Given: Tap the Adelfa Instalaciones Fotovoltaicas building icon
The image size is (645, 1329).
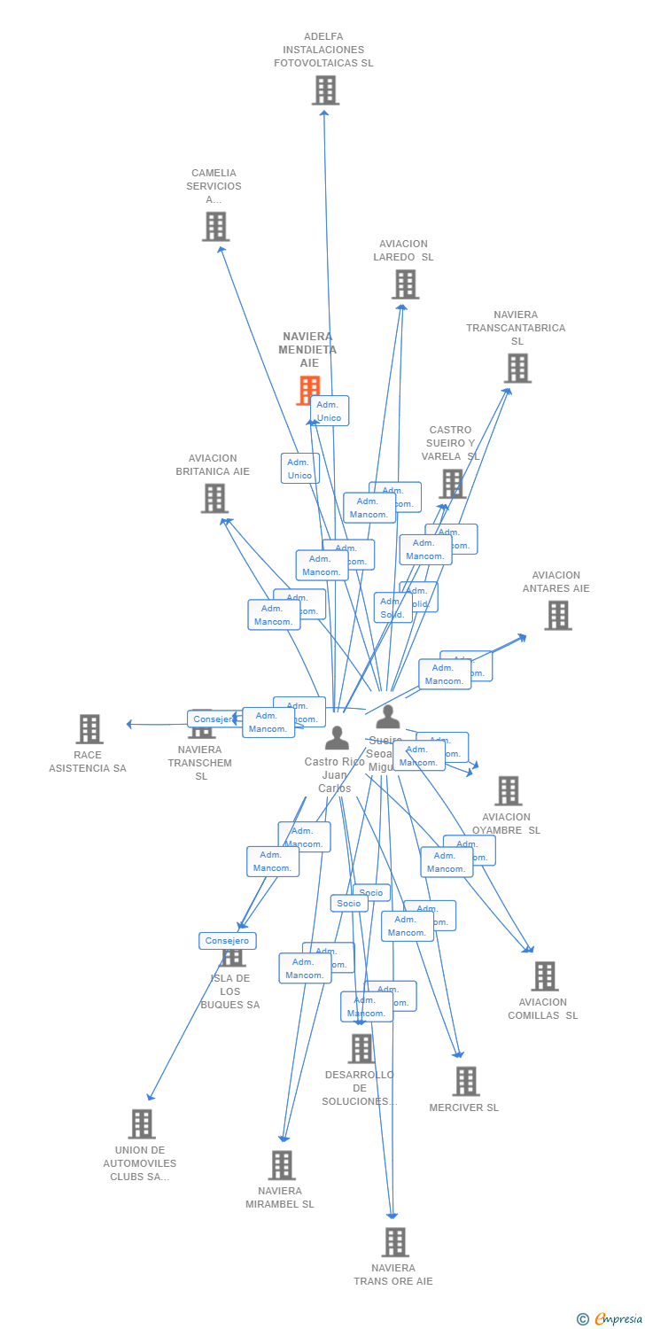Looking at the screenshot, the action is (325, 89).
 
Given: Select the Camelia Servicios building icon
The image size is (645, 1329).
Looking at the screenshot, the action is (215, 227).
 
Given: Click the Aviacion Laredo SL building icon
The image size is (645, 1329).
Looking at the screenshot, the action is (405, 284).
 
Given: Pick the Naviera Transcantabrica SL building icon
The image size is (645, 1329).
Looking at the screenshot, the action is (517, 368).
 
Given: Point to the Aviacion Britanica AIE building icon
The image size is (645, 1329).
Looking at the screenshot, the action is (214, 498).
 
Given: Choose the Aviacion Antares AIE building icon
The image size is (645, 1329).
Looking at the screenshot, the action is (557, 615).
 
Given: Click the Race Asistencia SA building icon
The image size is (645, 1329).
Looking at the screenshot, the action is (89, 729).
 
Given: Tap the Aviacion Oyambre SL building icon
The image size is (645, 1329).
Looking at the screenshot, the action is (508, 790).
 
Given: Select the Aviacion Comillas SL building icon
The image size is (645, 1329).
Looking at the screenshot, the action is (544, 976).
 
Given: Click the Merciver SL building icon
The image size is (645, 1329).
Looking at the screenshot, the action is (465, 1081).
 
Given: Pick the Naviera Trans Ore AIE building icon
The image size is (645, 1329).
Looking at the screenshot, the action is (395, 1242).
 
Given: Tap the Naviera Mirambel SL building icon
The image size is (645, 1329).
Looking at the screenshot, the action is (282, 1165).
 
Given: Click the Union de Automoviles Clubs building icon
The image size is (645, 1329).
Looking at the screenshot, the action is (141, 1123).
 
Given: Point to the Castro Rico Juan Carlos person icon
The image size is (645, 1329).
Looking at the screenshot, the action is (337, 738).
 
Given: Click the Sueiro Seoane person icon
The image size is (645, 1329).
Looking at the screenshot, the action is (388, 717).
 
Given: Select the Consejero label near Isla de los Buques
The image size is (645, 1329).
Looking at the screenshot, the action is (228, 941).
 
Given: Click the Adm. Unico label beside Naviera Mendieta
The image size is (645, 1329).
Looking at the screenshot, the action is (330, 411).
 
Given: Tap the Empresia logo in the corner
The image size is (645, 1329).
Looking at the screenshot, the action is (610, 1318).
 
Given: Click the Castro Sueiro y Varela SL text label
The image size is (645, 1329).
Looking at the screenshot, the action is (450, 443).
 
